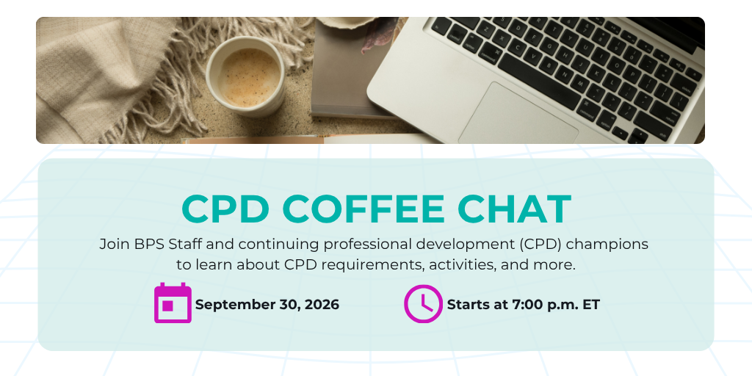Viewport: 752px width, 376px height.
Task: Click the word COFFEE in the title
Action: point(364,209)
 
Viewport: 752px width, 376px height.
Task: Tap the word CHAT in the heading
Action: point(514,209)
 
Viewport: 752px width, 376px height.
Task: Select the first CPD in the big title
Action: point(225,209)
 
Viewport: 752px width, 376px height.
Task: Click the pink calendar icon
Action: point(173,303)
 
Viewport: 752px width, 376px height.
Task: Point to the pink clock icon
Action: point(423,303)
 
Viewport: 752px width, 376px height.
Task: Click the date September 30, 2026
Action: point(267,305)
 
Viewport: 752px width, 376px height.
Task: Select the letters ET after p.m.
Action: point(591,305)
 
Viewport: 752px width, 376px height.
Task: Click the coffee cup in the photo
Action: point(245,76)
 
